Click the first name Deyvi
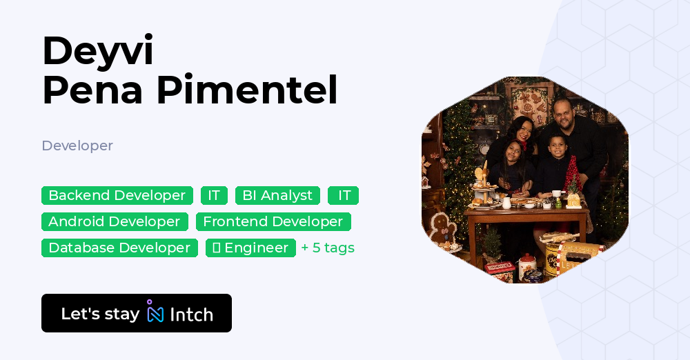pos(97,50)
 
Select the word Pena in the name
pos(93,90)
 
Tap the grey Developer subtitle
pos(77,146)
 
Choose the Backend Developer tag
pos(117,196)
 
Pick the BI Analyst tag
pos(277,196)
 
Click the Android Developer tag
pos(115,221)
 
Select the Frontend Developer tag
pos(273,221)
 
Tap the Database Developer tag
pos(119,248)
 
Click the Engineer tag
pos(250,248)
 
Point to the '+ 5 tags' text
pos(328,248)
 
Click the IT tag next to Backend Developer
pos(214,196)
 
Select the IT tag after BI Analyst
pos(344,196)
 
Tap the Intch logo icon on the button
pos(155,312)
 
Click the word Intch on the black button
pos(191,314)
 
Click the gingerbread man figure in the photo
pos(440,228)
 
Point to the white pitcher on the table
pos(506,203)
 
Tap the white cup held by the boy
pos(556,194)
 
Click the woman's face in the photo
pos(521,128)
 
